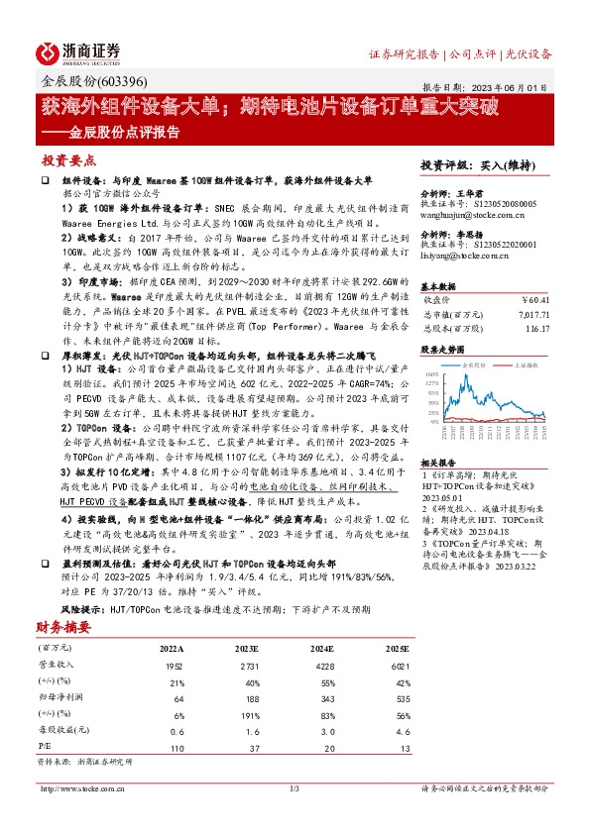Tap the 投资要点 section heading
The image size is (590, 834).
[68, 158]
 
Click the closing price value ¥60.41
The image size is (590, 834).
[535, 297]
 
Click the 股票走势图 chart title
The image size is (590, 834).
[442, 350]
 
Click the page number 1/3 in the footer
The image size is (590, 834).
[295, 787]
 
